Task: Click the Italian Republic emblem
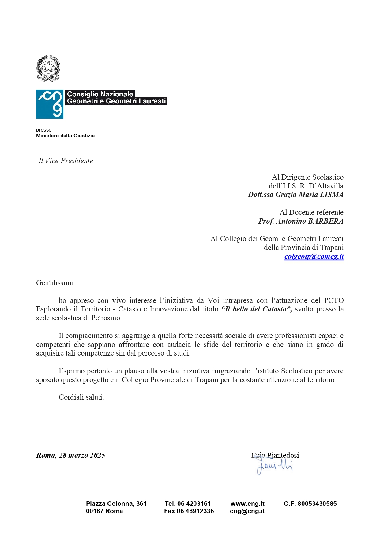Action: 48,68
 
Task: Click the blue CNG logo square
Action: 50,104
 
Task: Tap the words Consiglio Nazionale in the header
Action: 100,94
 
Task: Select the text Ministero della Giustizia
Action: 65,136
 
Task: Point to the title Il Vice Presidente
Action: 66,161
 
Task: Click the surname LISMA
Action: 332,195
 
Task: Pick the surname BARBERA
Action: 325,221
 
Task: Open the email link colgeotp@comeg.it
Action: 314,256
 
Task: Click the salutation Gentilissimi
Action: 55,282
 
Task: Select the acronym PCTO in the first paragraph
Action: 334,300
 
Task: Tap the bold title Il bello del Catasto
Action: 256,309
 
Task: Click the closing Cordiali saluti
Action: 81,397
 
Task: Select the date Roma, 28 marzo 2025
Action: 70,455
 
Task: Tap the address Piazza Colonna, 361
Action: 116,504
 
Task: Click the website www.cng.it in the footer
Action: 247,504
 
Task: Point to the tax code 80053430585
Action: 317,504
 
